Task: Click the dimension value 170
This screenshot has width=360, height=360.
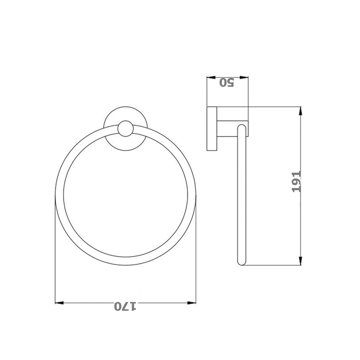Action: pos(125,306)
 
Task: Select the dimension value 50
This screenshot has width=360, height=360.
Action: pos(227,82)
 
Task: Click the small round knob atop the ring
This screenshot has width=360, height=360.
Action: pos(125,129)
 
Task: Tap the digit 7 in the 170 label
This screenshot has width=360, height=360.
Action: pos(125,306)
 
